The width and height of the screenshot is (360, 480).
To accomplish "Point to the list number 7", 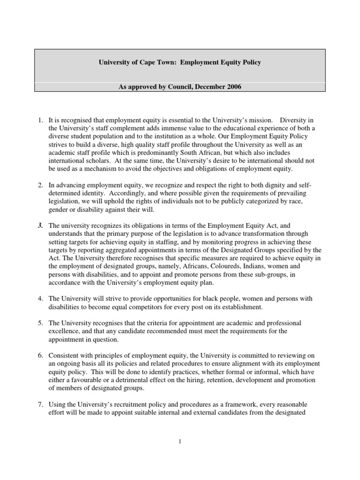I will click(41, 404).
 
